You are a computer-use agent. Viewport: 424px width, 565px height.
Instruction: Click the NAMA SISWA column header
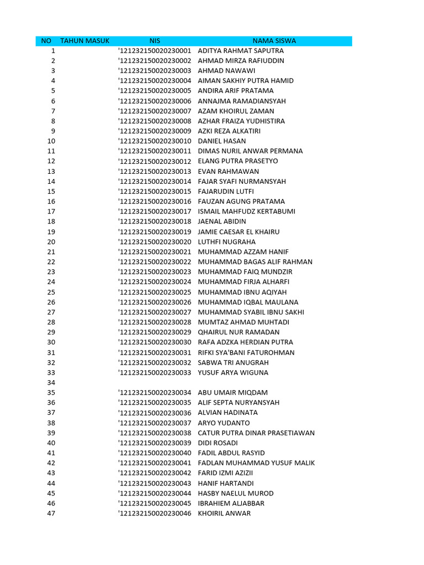(x=274, y=41)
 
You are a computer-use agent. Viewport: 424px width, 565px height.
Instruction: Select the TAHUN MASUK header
(x=85, y=41)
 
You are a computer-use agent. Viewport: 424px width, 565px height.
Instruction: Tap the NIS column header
(x=155, y=41)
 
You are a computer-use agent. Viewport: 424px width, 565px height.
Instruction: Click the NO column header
(x=46, y=41)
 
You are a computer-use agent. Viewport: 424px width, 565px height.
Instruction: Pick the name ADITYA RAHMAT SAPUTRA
(x=241, y=51)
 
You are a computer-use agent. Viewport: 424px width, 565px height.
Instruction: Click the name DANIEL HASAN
(x=222, y=141)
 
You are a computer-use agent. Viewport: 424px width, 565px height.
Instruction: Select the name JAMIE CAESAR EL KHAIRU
(x=239, y=232)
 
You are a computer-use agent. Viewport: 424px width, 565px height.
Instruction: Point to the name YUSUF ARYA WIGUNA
(x=233, y=372)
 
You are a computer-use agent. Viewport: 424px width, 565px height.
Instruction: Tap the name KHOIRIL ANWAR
(x=224, y=513)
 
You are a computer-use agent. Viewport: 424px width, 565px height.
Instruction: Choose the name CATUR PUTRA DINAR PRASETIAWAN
(x=256, y=433)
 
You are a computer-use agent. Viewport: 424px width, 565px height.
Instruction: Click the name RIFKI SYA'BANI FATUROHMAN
(x=246, y=353)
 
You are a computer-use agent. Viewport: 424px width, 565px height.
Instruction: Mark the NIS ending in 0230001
(x=155, y=51)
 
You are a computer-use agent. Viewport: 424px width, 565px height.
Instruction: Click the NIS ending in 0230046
(x=155, y=513)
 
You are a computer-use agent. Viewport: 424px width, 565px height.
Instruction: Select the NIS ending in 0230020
(x=155, y=242)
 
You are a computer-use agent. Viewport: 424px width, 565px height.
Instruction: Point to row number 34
(x=51, y=382)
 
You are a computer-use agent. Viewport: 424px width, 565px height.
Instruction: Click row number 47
(x=51, y=513)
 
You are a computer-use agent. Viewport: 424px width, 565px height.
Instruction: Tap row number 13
(x=51, y=172)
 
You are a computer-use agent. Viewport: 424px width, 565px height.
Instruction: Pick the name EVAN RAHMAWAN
(x=228, y=172)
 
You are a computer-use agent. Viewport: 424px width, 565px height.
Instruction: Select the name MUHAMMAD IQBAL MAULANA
(x=248, y=302)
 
